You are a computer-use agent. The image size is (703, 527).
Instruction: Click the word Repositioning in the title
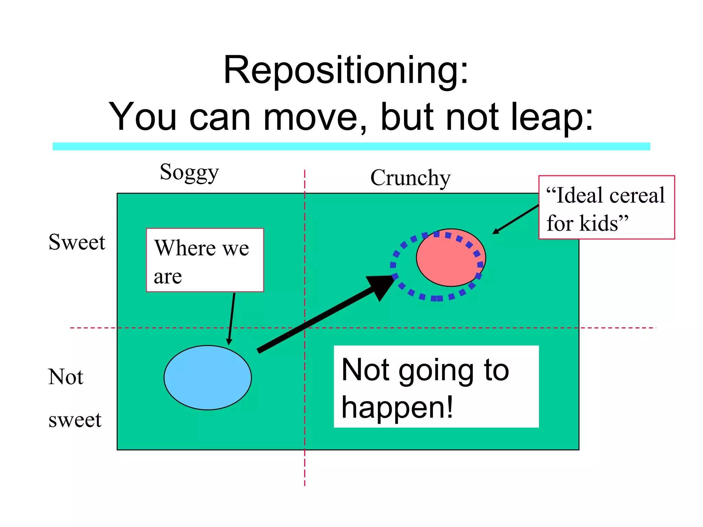point(345,70)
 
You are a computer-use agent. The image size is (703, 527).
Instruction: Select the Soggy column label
point(189,173)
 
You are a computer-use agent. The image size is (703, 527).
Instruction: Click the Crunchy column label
point(410,178)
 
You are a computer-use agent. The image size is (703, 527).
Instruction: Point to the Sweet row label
point(77,242)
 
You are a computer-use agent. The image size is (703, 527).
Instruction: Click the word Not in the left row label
point(66,377)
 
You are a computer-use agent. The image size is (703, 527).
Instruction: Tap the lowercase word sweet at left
point(75,420)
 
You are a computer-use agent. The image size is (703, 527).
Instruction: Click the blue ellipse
point(208,377)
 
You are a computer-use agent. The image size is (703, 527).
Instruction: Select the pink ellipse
point(451,258)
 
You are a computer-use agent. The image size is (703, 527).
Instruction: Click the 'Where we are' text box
point(205,260)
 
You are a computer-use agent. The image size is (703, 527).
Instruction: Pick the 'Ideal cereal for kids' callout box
point(606,207)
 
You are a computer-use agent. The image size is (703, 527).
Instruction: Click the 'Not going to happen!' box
point(436,387)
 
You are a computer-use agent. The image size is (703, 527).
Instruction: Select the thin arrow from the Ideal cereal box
point(516,219)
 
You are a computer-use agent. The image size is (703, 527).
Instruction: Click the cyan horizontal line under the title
point(351,147)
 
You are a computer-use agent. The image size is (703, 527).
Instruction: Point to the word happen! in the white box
point(397,408)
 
